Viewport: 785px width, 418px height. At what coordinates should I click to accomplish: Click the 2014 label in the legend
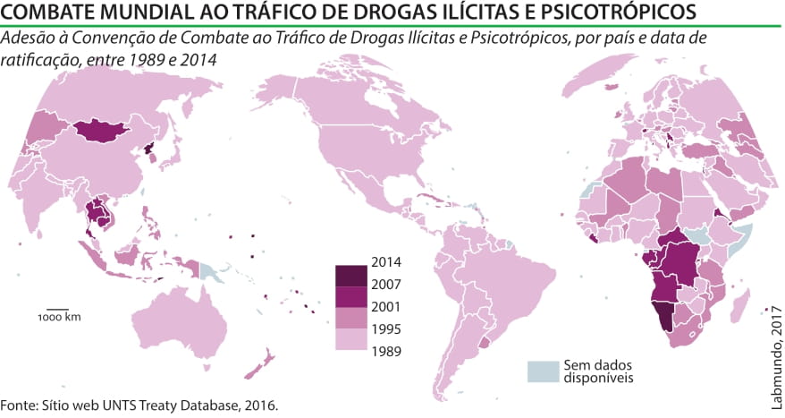386,263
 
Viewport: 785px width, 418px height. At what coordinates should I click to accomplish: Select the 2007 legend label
386,285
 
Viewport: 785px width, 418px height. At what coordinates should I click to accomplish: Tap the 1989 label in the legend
386,350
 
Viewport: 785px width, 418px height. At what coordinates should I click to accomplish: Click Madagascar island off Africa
741,308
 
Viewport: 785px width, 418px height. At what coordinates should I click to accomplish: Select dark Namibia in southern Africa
663,315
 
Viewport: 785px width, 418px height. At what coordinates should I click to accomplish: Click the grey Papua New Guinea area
208,270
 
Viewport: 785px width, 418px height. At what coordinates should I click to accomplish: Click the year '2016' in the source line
259,405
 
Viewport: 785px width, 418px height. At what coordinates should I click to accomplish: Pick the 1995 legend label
386,328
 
